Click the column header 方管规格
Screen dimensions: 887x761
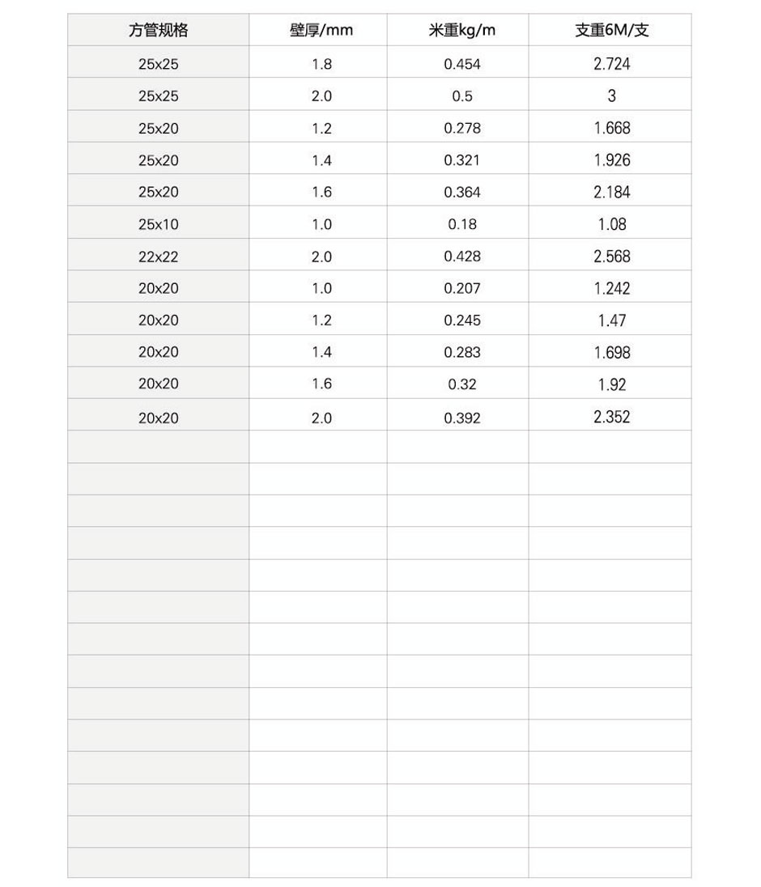158,31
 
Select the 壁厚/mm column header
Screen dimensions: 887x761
321,31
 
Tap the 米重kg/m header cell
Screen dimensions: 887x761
461,31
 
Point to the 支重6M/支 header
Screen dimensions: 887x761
611,31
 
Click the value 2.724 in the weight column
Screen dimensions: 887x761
611,64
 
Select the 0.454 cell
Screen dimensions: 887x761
461,64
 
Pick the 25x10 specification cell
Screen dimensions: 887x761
158,224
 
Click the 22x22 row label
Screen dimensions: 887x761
158,257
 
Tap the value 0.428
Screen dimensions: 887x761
461,257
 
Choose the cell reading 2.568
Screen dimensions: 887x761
611,257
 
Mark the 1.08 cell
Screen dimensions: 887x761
611,224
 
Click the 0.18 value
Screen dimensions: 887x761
461,224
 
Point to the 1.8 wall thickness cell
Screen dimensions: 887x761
321,64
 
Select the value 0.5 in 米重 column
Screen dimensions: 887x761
461,96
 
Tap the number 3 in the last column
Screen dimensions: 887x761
611,96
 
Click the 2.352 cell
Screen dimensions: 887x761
611,417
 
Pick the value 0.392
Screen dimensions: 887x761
461,418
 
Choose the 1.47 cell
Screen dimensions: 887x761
611,320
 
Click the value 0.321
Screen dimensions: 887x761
461,160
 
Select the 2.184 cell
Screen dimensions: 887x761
611,193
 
